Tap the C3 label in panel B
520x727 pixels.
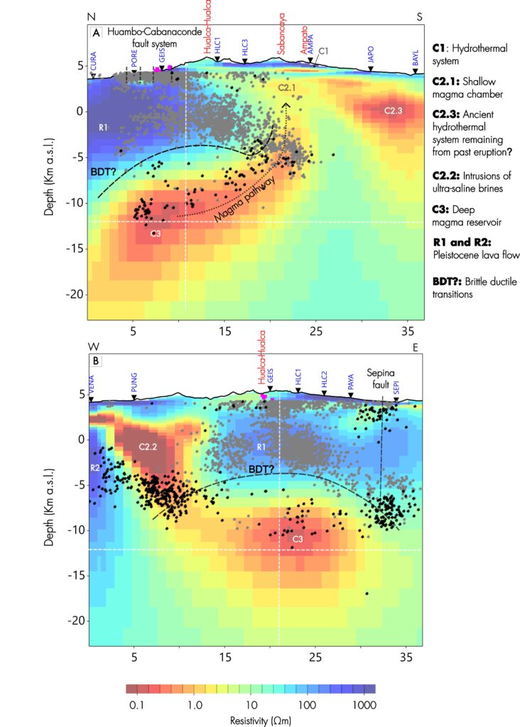(299, 540)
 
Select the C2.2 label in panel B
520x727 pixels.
(148, 447)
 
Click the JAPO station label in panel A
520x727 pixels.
(370, 55)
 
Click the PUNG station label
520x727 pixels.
(134, 383)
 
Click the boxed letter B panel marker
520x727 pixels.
(95, 361)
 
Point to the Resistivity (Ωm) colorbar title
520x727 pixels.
(251, 720)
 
